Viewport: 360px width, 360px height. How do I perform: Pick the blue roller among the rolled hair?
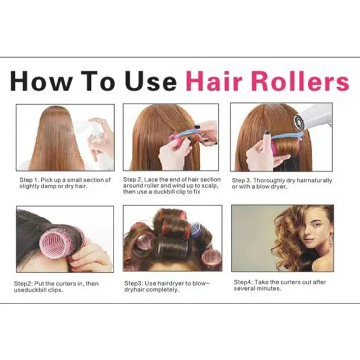[196, 229]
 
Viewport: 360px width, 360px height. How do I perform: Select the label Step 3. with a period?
[242, 180]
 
